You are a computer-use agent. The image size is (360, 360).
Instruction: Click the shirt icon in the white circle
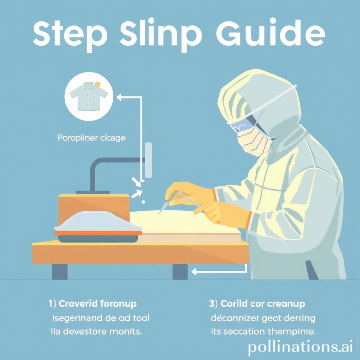(86, 95)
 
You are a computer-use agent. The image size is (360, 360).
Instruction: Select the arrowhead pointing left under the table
(194, 271)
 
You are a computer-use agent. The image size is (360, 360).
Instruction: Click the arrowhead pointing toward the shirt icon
(119, 97)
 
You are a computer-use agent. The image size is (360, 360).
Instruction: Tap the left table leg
(59, 271)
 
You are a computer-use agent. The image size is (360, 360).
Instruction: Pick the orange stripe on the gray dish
(98, 232)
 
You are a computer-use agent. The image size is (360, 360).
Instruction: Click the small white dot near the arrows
(143, 202)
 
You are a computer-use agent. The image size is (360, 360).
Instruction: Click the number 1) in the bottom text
(52, 303)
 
